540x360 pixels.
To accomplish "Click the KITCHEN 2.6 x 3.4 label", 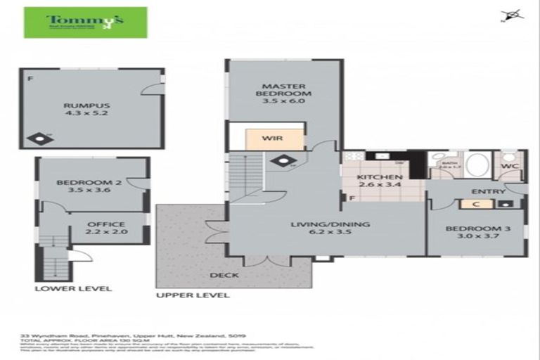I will (379, 182).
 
